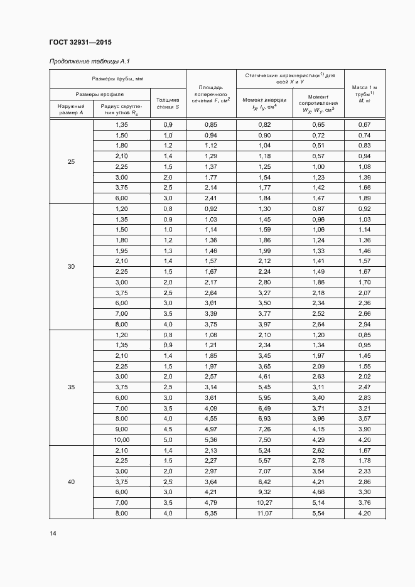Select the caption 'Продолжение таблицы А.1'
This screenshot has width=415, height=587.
[x=84, y=62]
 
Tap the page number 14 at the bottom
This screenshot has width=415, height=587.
[x=53, y=533]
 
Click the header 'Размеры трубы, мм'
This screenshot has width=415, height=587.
[x=117, y=78]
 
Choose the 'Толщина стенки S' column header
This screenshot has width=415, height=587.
[x=168, y=103]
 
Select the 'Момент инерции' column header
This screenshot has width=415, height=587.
[x=264, y=104]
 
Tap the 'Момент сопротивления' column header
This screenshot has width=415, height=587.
[x=318, y=103]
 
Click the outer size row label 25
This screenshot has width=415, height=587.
[x=71, y=161]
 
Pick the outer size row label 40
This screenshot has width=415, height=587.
[x=71, y=482]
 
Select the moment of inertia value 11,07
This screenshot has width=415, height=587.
[x=264, y=514]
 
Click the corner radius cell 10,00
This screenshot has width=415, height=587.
[x=121, y=439]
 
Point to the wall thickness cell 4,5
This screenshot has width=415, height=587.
[x=168, y=429]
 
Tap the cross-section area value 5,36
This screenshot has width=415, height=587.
[x=210, y=439]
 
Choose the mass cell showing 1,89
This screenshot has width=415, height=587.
[x=364, y=198]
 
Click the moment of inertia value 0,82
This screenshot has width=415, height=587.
[x=264, y=124]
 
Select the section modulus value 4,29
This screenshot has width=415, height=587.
[x=318, y=439]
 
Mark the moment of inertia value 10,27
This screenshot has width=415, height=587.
[x=264, y=503]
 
